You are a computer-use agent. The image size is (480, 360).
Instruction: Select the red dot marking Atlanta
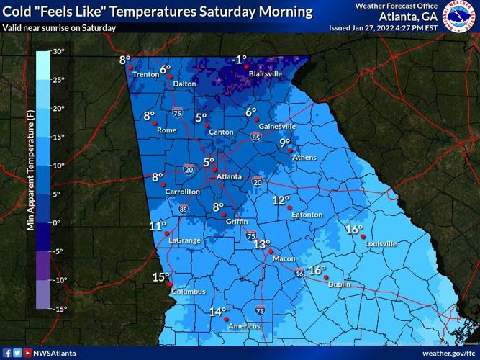click(215, 169)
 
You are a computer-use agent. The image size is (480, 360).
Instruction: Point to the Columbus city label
click(189, 292)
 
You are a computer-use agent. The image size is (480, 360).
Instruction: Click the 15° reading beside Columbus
click(160, 277)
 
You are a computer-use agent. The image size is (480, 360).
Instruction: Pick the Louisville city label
click(380, 243)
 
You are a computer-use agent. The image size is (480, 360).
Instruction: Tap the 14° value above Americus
click(217, 312)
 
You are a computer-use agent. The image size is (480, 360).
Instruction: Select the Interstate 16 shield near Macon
click(299, 273)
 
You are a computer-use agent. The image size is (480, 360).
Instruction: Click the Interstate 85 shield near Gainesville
click(255, 135)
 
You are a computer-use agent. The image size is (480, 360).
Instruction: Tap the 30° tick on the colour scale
click(58, 52)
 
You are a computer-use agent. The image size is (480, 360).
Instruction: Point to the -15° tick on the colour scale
click(58, 309)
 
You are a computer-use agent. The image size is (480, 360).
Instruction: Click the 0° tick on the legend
click(57, 223)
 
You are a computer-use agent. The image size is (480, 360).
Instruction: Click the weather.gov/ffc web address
click(448, 353)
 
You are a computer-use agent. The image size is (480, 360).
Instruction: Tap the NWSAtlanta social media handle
click(55, 353)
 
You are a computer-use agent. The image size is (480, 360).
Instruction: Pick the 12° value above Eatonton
click(280, 200)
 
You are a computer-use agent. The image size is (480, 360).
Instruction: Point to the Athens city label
click(304, 157)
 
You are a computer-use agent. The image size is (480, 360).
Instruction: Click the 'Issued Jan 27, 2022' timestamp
click(383, 28)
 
